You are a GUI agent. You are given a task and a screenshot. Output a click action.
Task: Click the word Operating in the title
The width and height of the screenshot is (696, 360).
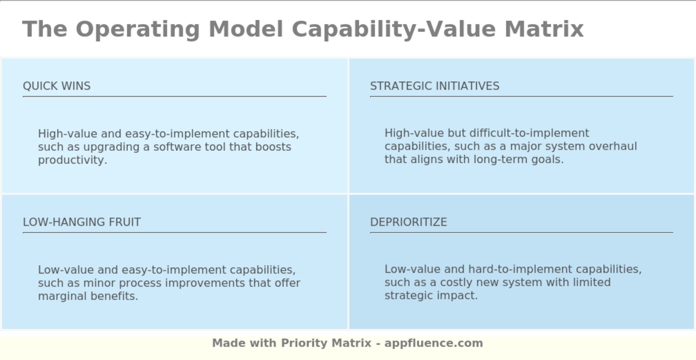click(137, 29)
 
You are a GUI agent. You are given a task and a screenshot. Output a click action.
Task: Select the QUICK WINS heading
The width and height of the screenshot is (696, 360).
click(57, 86)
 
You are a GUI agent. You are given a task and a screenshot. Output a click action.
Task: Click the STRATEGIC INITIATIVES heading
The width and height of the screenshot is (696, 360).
click(435, 86)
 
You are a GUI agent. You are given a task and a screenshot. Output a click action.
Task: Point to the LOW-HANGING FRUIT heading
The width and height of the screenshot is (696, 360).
click(82, 222)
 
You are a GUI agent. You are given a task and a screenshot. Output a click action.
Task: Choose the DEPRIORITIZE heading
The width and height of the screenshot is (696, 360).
click(408, 222)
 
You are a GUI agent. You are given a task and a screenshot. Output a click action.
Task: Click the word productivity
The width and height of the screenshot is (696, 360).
click(72, 160)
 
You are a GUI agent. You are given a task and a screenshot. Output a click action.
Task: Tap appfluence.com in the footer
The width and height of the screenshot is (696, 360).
click(434, 343)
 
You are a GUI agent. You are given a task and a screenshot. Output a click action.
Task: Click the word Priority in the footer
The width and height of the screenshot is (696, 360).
click(305, 343)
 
